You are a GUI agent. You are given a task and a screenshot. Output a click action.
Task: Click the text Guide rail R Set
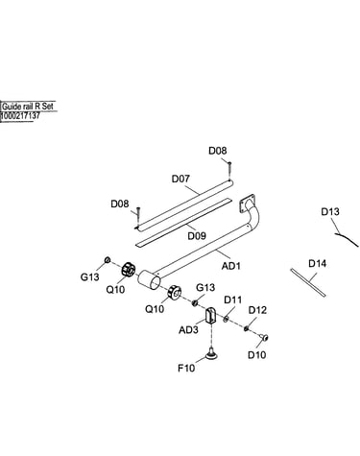coord(28,107)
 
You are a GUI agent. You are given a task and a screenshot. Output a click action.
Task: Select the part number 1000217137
coord(20,116)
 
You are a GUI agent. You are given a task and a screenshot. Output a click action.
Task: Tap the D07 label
coord(180,179)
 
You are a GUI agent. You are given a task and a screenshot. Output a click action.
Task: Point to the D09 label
coord(197,236)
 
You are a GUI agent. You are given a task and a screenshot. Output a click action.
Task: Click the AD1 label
coord(231,266)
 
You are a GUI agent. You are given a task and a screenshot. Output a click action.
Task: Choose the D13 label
coord(330,211)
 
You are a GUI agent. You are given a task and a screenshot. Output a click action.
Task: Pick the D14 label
coord(318,263)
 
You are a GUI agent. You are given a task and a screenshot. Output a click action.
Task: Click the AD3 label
coord(188,329)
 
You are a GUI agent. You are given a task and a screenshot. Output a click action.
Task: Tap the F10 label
coord(186,368)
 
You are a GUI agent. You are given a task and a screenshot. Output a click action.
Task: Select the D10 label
coord(257,355)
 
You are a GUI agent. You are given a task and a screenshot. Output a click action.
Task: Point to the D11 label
coord(232,300)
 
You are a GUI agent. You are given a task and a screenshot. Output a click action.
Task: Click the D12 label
coord(257,310)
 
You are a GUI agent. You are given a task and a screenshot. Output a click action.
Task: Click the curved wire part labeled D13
coord(347,239)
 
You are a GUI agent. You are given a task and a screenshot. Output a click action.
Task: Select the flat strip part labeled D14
coord(308,283)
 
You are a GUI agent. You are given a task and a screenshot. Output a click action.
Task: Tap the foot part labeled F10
coord(211,353)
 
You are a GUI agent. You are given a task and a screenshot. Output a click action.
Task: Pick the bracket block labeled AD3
coord(210,316)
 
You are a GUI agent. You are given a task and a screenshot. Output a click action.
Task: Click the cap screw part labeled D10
coord(264,337)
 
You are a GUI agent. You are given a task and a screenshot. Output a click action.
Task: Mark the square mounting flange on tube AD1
coord(247,204)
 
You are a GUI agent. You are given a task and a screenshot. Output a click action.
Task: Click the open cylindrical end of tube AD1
coord(149,280)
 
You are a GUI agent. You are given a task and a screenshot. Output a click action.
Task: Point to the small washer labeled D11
coord(226,319)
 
